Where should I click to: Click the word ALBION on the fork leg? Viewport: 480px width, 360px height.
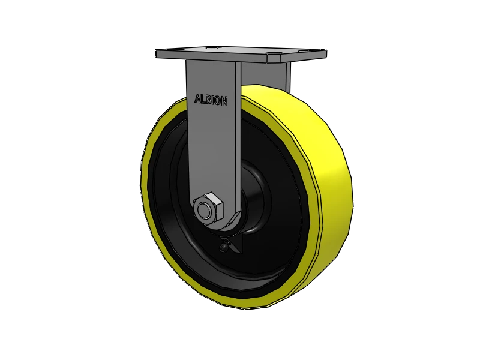211,100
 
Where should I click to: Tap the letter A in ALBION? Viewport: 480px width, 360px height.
197,98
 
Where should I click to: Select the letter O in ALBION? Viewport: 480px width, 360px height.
218,101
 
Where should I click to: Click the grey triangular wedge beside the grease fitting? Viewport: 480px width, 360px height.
233,245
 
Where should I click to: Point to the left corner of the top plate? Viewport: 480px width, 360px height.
157,55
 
